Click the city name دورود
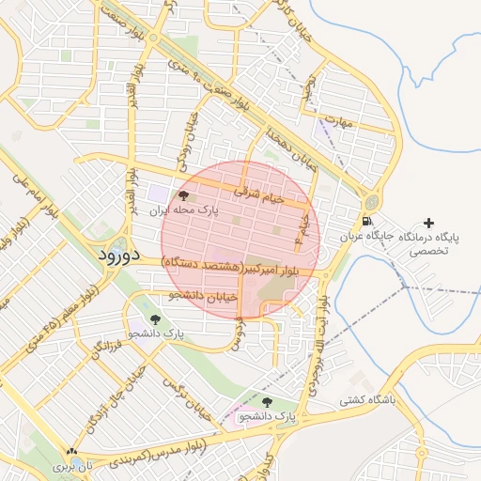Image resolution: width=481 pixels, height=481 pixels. tap(118, 255)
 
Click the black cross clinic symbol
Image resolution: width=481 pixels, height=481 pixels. tap(429, 223)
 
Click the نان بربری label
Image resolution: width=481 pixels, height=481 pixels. tap(74, 466)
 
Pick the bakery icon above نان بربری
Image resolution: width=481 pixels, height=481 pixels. tap(72, 452)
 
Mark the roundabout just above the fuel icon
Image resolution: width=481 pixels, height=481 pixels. tap(373, 202)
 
